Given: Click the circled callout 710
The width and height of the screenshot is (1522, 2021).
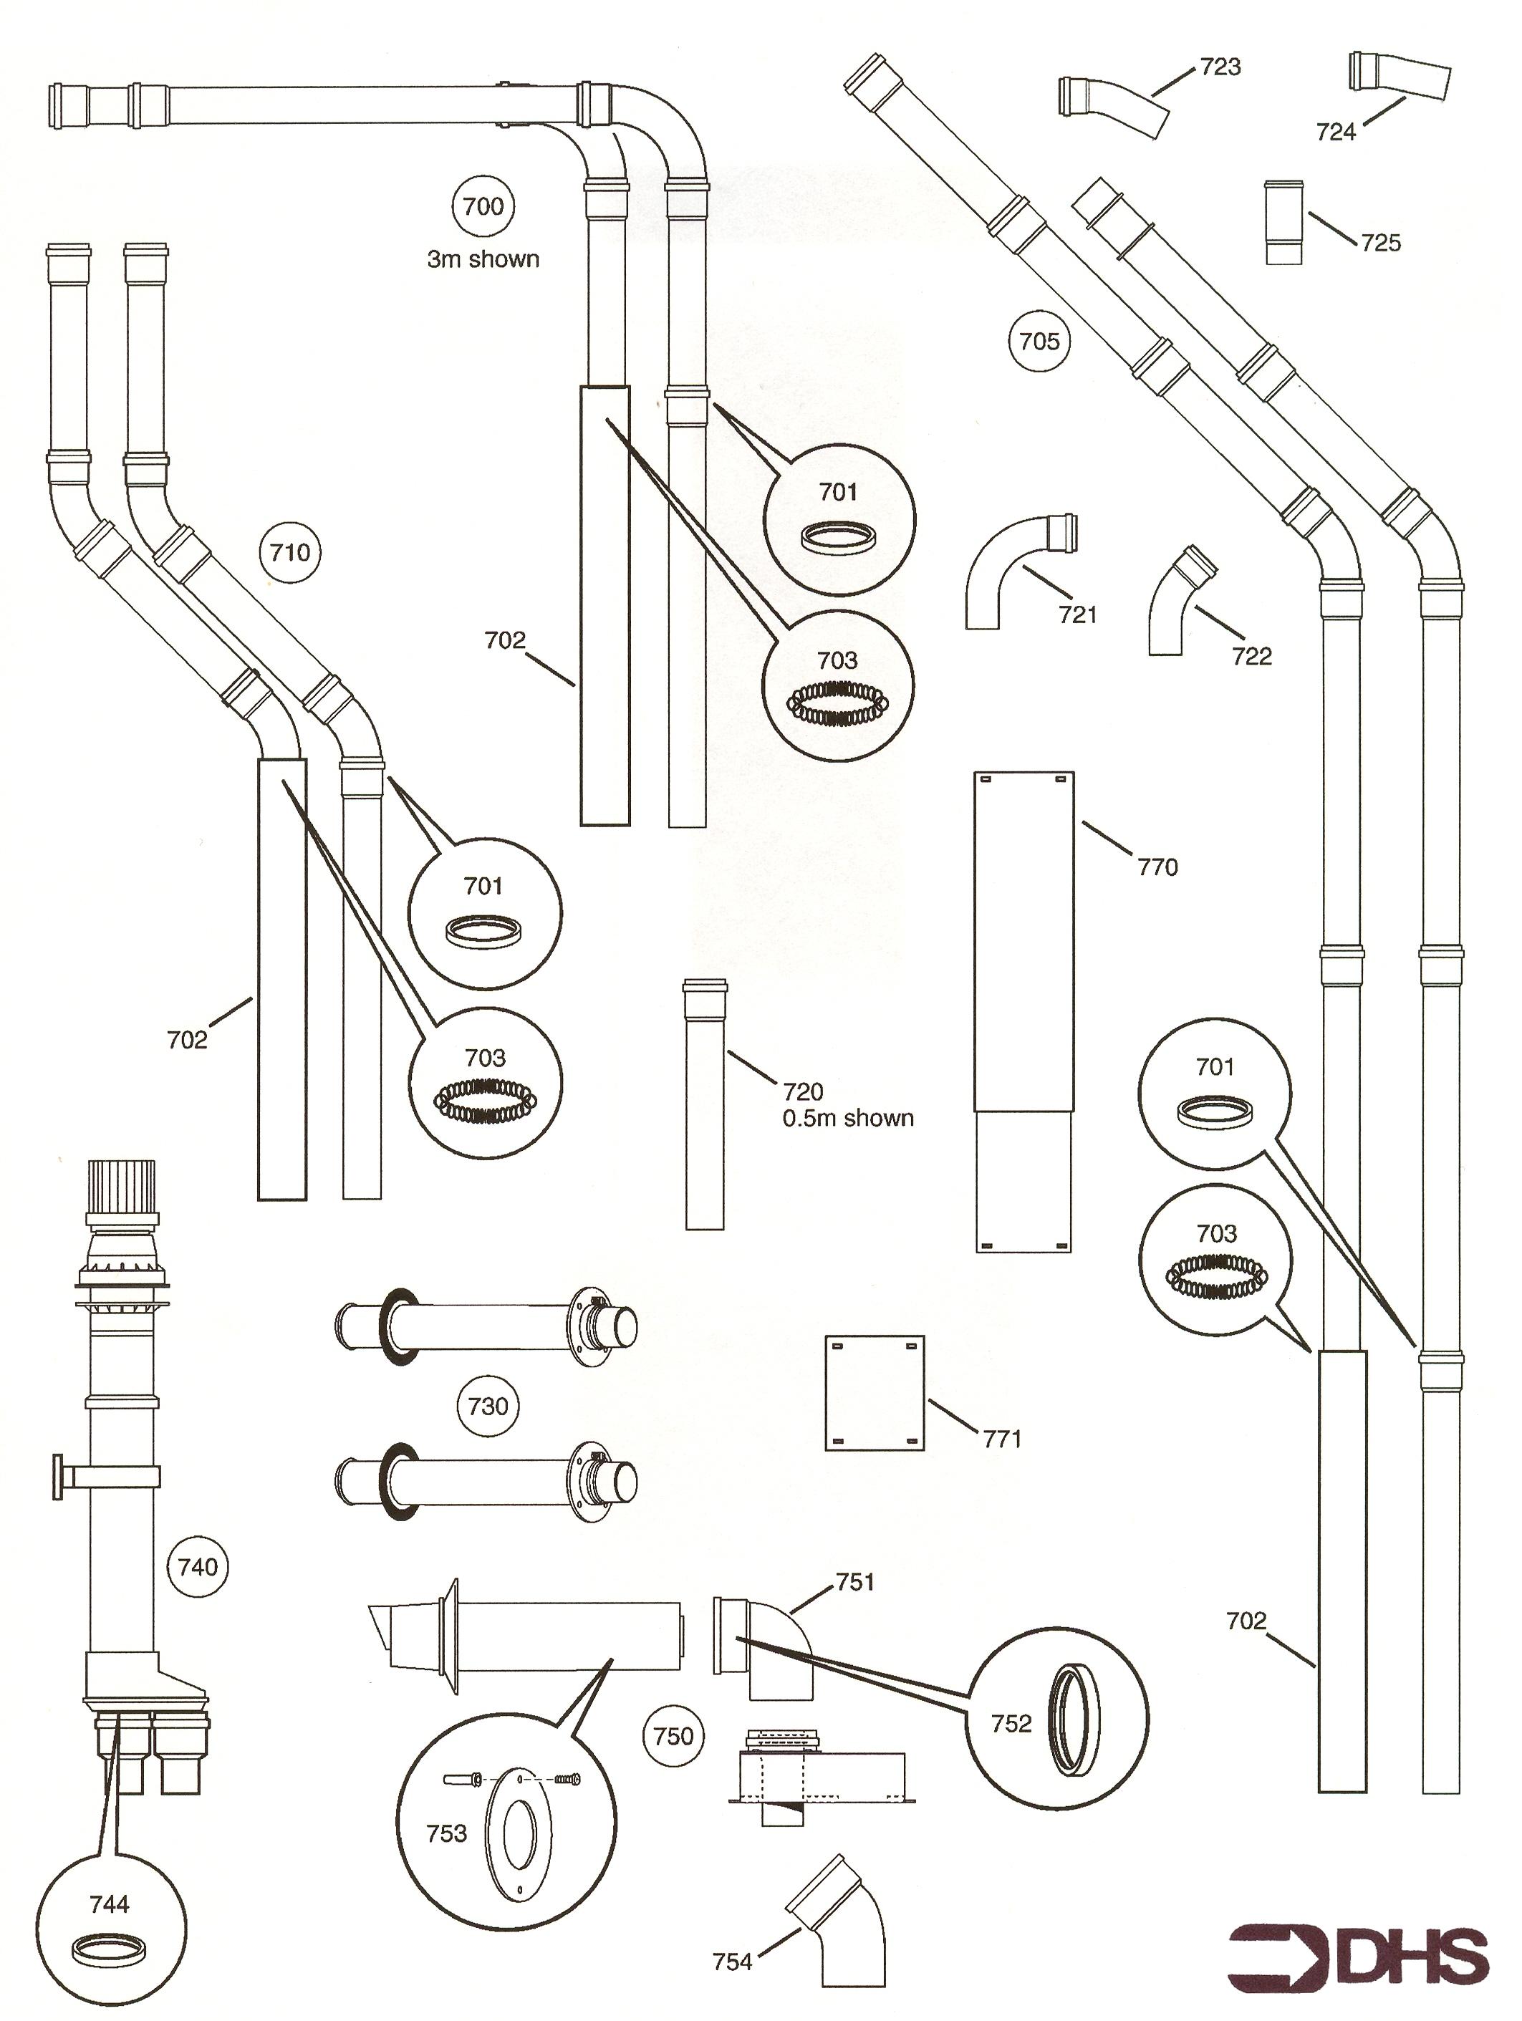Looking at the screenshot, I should [x=291, y=552].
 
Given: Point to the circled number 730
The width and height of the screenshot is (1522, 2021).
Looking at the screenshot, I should [x=488, y=1406].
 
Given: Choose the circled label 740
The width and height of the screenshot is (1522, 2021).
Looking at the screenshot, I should [x=198, y=1568].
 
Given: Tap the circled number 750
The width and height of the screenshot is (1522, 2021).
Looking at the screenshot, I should [x=674, y=1736].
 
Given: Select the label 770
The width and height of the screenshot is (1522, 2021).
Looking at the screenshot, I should [x=1157, y=867].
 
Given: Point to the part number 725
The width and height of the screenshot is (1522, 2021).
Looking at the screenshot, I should [x=1380, y=243].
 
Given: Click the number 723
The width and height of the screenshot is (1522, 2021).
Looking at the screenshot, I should [x=1220, y=67].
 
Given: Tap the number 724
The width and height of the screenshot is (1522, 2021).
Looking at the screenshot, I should [x=1336, y=132].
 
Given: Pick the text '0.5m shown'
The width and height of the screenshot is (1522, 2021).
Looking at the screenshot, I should [x=848, y=1119].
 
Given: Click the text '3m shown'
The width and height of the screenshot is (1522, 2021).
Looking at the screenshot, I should [x=483, y=259].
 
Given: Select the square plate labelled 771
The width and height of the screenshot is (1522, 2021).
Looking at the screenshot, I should [x=875, y=1394].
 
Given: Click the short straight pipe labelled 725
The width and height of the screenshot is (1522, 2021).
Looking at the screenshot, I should [x=1283, y=223].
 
